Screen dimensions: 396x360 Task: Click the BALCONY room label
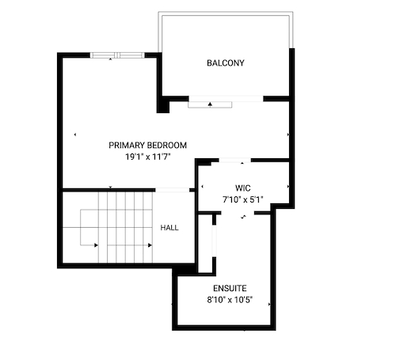[226, 63]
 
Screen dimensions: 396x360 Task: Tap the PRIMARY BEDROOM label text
[148, 146]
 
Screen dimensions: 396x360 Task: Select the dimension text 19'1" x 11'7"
[148, 157]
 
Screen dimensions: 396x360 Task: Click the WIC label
[243, 188]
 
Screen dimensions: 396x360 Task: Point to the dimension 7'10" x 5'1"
[243, 199]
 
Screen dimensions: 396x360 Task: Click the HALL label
[169, 228]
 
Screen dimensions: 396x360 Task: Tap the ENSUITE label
[230, 288]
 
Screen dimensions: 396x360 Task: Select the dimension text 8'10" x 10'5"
[230, 300]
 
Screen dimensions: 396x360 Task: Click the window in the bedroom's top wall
[117, 55]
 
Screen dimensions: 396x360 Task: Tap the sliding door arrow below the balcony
[210, 104]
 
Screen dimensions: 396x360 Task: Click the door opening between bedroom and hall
[173, 190]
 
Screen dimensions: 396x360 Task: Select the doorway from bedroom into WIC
[234, 160]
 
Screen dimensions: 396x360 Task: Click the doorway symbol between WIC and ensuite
[243, 217]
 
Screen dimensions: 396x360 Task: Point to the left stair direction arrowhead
[96, 245]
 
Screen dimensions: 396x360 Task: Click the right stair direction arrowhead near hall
[150, 245]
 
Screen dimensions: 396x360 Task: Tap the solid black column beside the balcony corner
[163, 104]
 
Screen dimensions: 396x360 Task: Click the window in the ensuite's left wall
[214, 241]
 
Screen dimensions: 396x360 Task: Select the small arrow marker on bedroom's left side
[75, 135]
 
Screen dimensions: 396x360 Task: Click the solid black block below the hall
[185, 270]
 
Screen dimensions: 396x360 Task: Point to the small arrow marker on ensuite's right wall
[269, 304]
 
